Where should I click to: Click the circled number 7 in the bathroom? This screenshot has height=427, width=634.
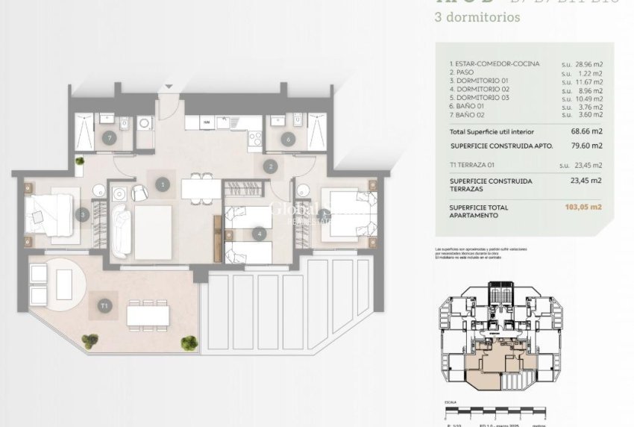point(110,137)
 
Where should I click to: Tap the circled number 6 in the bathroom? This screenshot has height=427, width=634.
point(288,137)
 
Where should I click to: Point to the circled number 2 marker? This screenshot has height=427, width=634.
point(272,167)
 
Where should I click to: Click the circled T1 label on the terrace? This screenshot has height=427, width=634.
point(104,305)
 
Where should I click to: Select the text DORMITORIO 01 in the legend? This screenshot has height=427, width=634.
point(481,81)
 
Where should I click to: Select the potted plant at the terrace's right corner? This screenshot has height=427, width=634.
point(189,343)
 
